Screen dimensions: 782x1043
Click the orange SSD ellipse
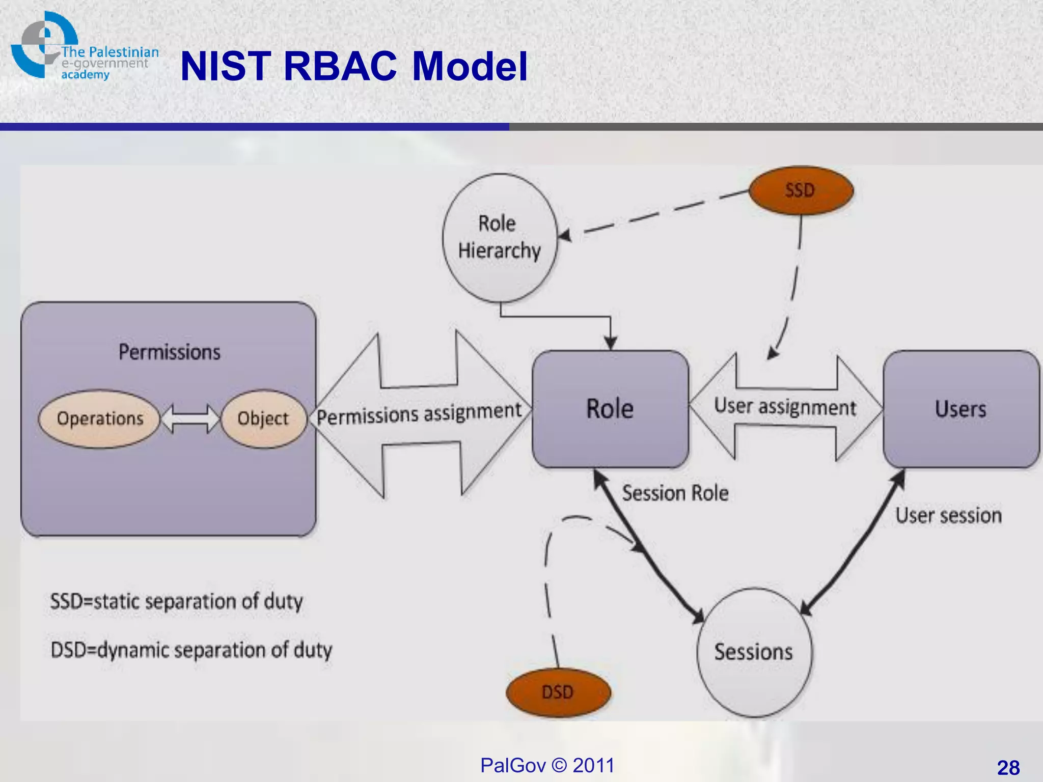point(801,190)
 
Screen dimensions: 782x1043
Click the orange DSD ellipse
point(558,692)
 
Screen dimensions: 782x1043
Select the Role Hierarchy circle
point(500,238)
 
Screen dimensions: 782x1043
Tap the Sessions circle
point(754,652)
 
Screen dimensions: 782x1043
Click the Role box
point(610,409)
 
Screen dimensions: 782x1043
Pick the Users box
point(960,409)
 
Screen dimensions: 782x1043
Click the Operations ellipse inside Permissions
point(100,418)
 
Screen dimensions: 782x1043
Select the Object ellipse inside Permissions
point(263,418)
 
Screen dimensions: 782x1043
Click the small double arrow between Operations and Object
point(190,418)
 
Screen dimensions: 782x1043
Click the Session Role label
point(675,493)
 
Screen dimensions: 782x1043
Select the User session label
point(948,515)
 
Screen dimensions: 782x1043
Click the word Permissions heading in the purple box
point(170,352)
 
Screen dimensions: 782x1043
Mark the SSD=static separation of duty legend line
point(176,601)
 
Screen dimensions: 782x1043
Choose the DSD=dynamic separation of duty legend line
point(191,650)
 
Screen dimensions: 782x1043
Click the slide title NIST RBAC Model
point(353,66)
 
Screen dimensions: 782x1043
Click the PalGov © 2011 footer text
point(547,765)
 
